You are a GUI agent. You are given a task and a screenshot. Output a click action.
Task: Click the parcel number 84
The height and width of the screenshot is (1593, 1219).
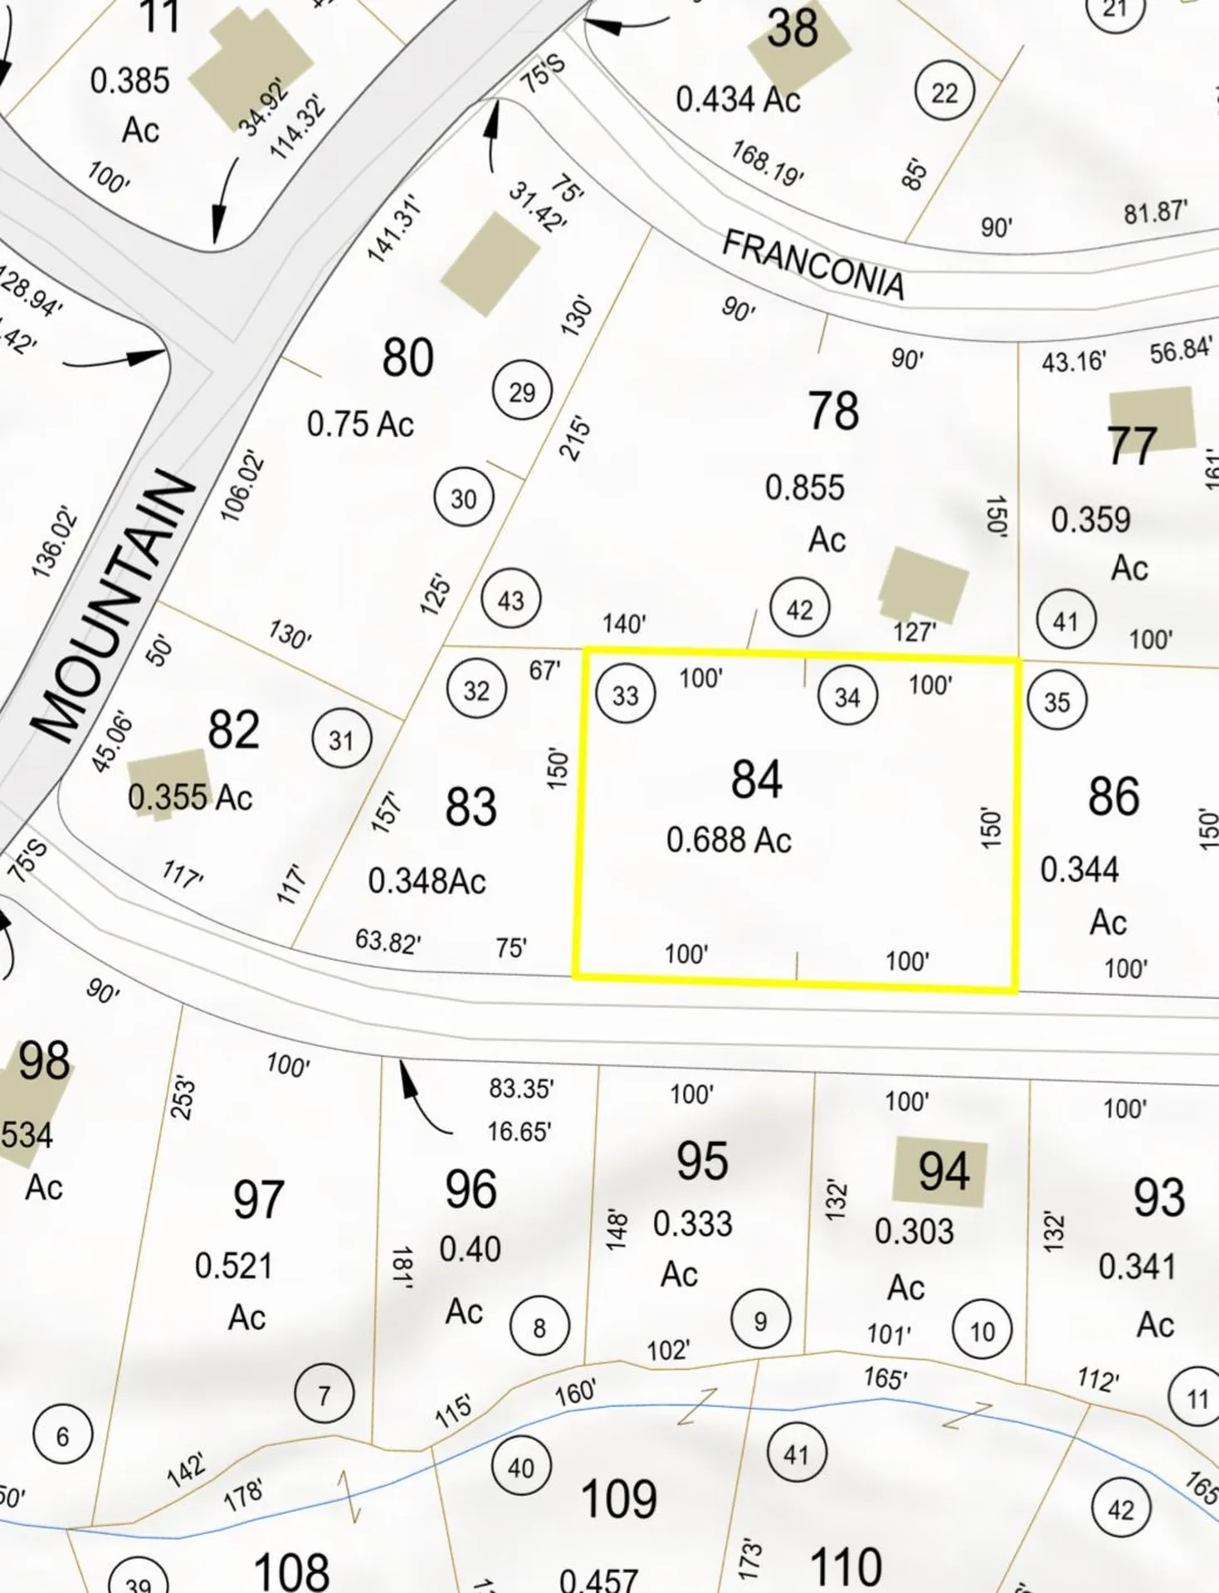pos(756,780)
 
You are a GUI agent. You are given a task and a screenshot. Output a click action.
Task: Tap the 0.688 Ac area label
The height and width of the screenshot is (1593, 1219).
pos(729,840)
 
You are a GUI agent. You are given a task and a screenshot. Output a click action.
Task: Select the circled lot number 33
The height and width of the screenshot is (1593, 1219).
pos(625,694)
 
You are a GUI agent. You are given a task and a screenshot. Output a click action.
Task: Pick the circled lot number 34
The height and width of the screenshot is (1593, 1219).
pos(846,697)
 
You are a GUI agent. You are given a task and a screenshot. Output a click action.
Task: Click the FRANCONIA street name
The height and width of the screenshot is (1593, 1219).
pos(813,264)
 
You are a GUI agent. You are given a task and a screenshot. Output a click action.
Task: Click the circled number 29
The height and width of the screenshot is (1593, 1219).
pos(521,392)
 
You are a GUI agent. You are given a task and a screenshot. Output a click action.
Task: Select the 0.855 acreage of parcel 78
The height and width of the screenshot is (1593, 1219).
pos(804,488)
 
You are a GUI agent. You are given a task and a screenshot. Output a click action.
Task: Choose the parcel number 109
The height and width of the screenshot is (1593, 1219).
pos(618,1500)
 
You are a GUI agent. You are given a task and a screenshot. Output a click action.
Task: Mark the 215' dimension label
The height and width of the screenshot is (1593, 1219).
pos(576,439)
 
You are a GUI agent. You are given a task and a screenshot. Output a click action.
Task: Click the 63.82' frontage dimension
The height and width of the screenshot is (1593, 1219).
pos(388,942)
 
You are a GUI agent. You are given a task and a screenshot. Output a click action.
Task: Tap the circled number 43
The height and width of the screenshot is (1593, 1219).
pos(510,599)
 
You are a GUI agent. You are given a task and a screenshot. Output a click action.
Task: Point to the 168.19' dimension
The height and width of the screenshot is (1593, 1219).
pos(767,163)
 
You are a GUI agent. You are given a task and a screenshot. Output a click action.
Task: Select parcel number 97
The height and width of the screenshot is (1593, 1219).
pos(258,1200)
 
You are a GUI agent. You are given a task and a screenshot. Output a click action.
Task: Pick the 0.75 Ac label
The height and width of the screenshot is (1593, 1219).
pos(359,425)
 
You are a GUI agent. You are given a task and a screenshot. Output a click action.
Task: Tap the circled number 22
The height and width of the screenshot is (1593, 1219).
pos(944,92)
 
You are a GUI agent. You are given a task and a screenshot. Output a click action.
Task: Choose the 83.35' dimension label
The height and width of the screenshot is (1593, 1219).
pos(520,1088)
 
